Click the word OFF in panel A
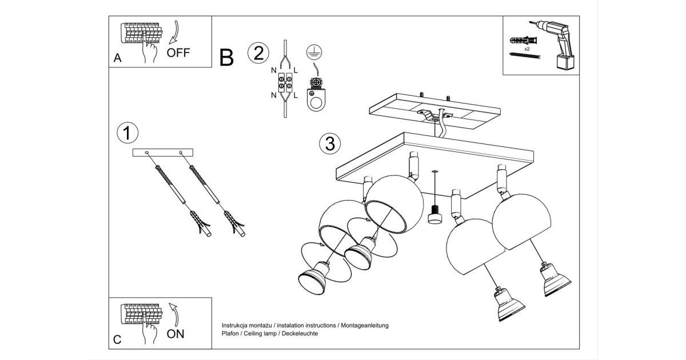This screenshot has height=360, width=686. (178, 53)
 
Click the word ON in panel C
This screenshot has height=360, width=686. (176, 334)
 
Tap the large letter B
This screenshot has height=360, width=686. (226, 57)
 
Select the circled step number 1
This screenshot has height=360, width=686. (127, 133)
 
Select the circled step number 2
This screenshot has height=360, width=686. (258, 53)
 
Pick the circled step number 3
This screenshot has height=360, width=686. (329, 144)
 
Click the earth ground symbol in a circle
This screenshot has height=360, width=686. (313, 52)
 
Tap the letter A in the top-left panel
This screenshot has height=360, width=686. (118, 58)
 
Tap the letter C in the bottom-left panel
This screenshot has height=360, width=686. (117, 340)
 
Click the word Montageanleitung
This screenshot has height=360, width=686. (365, 325)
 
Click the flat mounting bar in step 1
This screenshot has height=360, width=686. (163, 153)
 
